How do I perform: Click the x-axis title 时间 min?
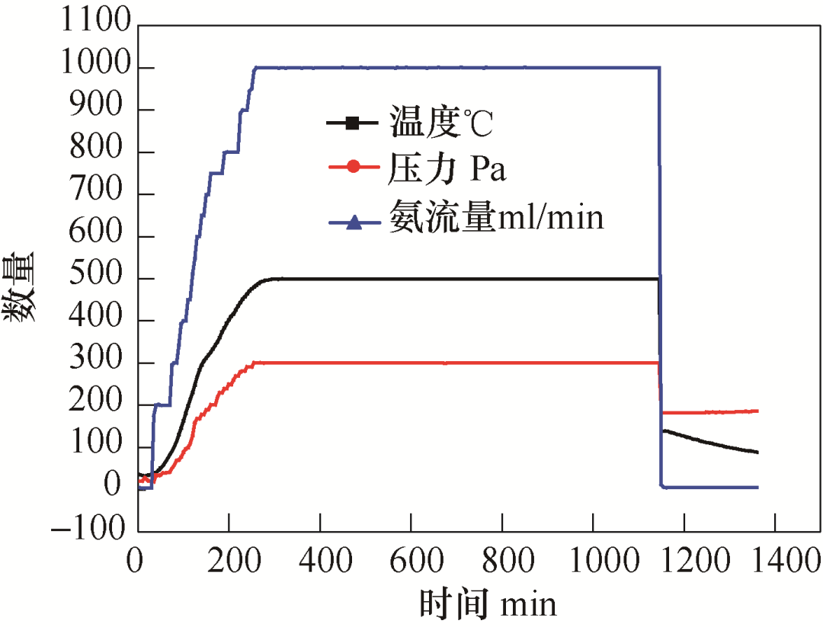pyautogui.click(x=488, y=604)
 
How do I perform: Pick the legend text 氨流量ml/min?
pyautogui.click(x=496, y=218)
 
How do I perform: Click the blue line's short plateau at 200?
pyautogui.click(x=162, y=405)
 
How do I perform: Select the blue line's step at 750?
pyautogui.click(x=216, y=173)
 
